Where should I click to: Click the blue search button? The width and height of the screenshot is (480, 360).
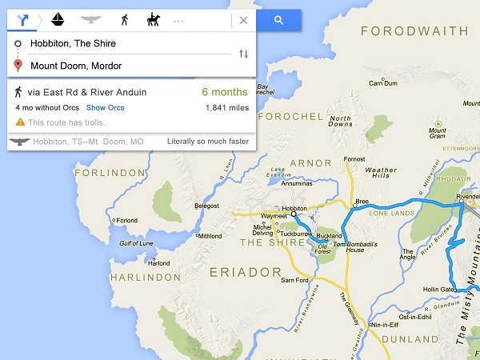tap(278, 20)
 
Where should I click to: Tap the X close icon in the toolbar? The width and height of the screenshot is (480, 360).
tap(243, 20)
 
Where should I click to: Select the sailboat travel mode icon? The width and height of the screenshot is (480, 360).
tap(58, 19)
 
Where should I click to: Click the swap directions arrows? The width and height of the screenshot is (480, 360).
tap(243, 54)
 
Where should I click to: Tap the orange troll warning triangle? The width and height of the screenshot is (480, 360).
tap(20, 122)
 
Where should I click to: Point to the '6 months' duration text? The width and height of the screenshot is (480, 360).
tap(226, 92)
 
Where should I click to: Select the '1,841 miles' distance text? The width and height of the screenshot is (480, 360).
tap(227, 107)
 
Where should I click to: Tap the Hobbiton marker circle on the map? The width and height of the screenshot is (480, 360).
tap(294, 214)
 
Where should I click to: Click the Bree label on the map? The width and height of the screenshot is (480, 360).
tap(362, 202)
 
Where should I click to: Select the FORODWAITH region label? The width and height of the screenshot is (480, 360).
tap(414, 32)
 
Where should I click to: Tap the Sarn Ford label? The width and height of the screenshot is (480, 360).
tap(294, 280)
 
